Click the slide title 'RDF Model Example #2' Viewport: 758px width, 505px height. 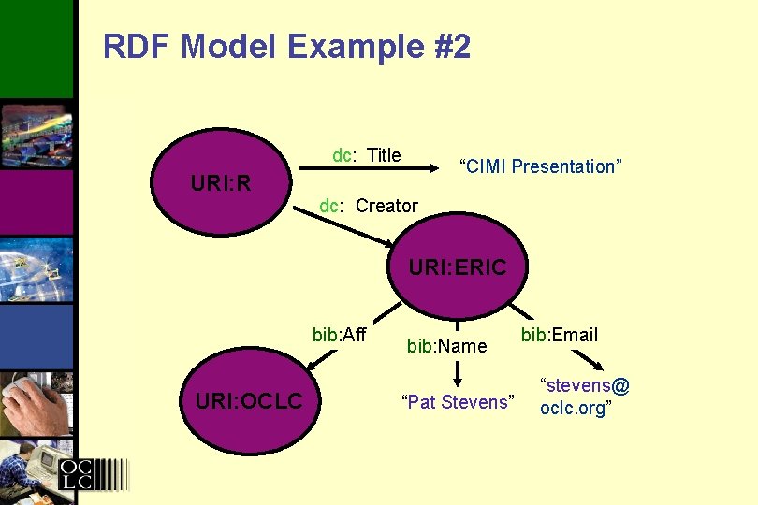286,47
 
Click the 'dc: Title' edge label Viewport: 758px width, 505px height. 367,155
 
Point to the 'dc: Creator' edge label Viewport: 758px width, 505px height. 369,206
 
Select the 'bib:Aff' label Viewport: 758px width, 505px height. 339,335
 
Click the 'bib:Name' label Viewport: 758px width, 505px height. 446,346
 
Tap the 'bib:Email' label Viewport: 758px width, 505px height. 560,335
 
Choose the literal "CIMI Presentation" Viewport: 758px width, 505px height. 539,166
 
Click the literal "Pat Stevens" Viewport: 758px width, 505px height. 458,403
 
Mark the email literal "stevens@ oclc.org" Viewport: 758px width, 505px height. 584,397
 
